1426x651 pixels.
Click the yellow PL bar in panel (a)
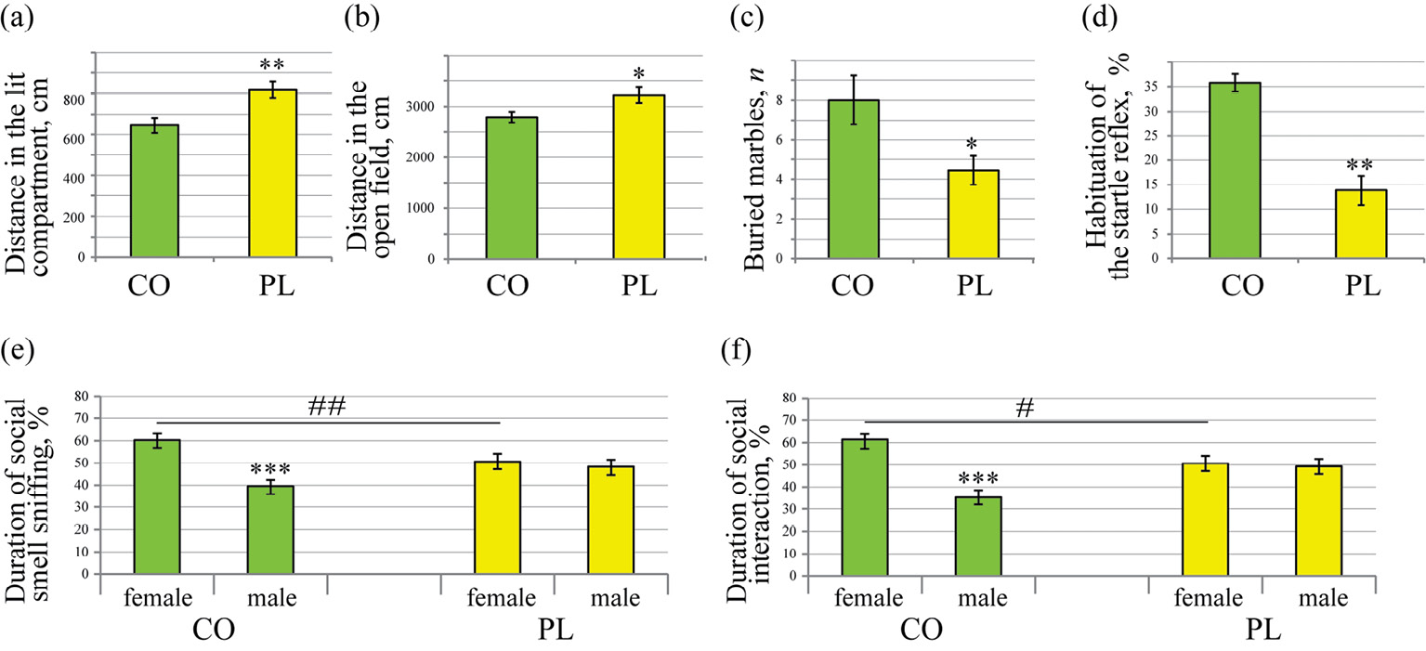pyautogui.click(x=272, y=173)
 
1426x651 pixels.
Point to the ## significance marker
pyautogui.click(x=328, y=407)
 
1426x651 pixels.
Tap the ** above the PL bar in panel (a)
pyautogui.click(x=272, y=65)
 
